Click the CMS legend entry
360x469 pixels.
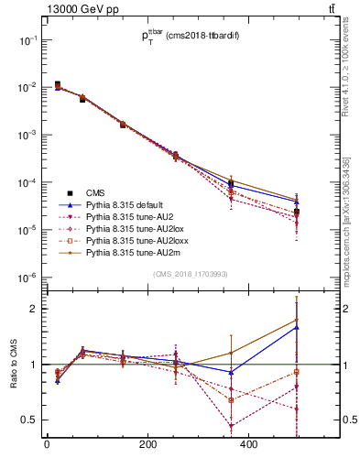pyautogui.click(x=95, y=192)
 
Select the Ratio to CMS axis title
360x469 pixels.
pyautogui.click(x=13, y=364)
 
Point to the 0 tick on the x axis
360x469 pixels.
pyautogui.click(x=47, y=445)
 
